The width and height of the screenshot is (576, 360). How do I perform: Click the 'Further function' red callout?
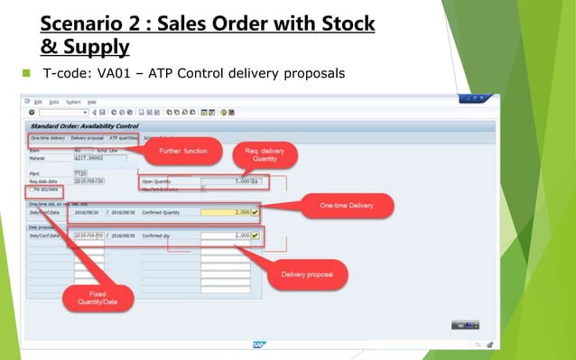[183, 151]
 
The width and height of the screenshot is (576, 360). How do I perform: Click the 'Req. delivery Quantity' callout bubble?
[258, 155]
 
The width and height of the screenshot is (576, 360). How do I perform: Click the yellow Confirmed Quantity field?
[225, 212]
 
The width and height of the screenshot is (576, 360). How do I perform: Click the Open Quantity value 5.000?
[236, 181]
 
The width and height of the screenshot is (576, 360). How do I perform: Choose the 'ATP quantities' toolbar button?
[124, 138]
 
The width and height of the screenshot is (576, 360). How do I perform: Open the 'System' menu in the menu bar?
[72, 102]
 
